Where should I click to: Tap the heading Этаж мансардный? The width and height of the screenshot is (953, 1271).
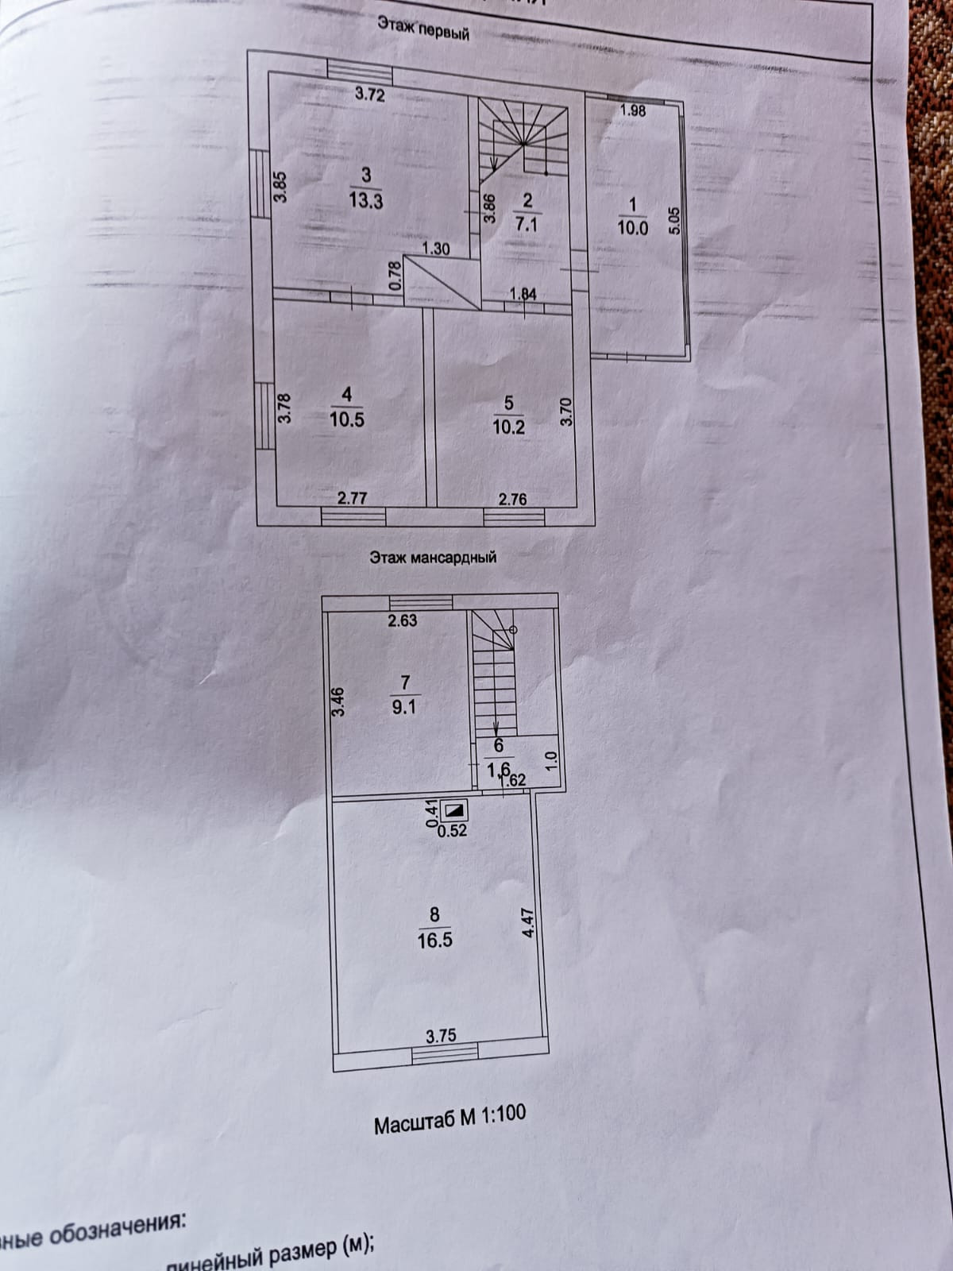pyautogui.click(x=433, y=557)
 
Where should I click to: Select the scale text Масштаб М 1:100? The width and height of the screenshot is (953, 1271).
pyautogui.click(x=449, y=1118)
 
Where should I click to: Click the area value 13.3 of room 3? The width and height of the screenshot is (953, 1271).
pyautogui.click(x=366, y=201)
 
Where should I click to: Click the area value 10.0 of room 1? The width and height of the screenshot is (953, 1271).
pyautogui.click(x=632, y=228)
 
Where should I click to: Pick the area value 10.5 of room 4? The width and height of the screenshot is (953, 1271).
pyautogui.click(x=347, y=419)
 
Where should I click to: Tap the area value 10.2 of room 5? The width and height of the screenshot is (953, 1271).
pyautogui.click(x=508, y=427)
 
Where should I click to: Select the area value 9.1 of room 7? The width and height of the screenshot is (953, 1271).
pyautogui.click(x=404, y=707)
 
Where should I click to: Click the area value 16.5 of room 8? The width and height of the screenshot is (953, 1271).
pyautogui.click(x=434, y=941)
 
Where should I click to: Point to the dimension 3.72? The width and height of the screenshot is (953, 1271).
pyautogui.click(x=369, y=95)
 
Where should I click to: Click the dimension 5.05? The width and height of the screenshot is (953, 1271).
pyautogui.click(x=674, y=219)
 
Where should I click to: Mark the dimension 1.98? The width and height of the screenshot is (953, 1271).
pyautogui.click(x=632, y=111)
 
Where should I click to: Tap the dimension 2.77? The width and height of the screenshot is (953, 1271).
pyautogui.click(x=352, y=498)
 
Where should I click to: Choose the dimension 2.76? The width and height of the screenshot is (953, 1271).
pyautogui.click(x=511, y=500)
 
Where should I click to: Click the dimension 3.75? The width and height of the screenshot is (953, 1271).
pyautogui.click(x=441, y=1036)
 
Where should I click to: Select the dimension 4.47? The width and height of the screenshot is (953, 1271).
pyautogui.click(x=529, y=925)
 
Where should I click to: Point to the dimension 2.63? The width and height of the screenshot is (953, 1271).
pyautogui.click(x=402, y=620)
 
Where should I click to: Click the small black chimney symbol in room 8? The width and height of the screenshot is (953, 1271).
pyautogui.click(x=455, y=811)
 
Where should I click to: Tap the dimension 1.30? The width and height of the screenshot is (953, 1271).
pyautogui.click(x=435, y=249)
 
